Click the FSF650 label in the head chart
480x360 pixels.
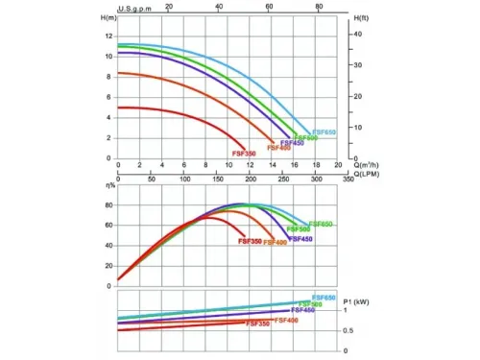point(324,132)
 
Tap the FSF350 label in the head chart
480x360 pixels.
point(243,154)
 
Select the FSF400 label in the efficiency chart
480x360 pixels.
point(275,242)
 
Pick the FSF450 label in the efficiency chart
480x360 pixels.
point(300,238)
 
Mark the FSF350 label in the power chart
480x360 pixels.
point(256,324)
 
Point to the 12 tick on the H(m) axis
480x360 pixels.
point(108,36)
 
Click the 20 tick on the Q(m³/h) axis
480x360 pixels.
point(338,164)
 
